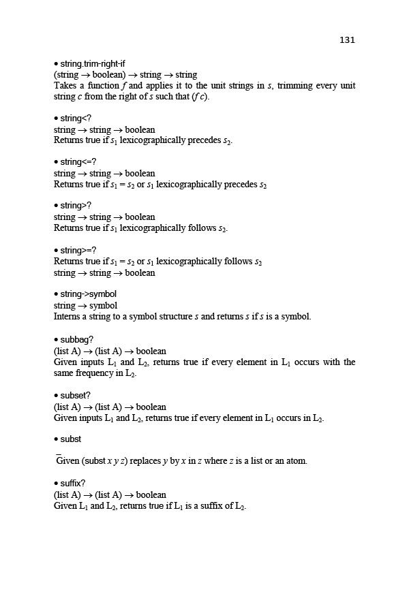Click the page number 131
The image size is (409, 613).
pyautogui.click(x=347, y=40)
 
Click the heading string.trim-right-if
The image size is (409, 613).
pyautogui.click(x=92, y=64)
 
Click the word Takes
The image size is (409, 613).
pyautogui.click(x=66, y=86)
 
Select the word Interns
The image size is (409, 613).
pyautogui.click(x=69, y=316)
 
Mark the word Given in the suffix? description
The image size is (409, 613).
pyautogui.click(x=66, y=505)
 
